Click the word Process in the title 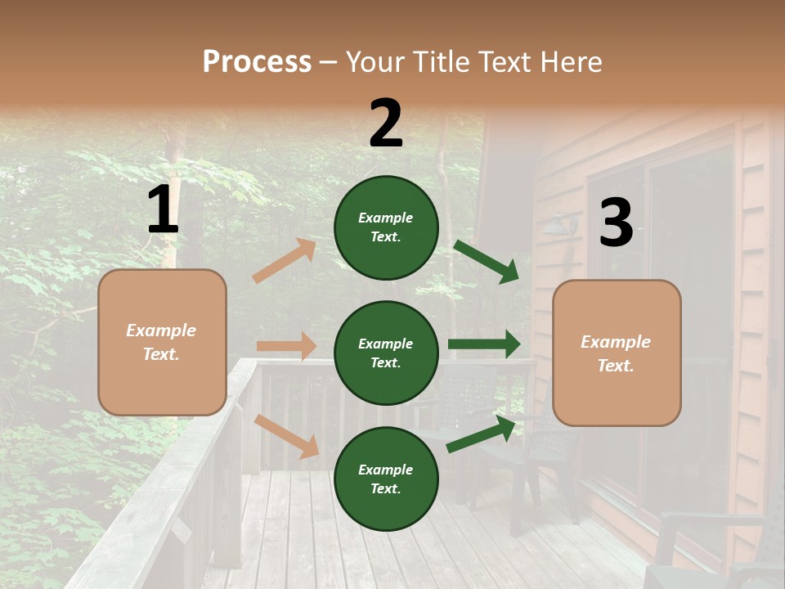tap(257, 61)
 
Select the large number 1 tap(163, 210)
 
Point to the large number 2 tap(386, 124)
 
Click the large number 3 tap(616, 223)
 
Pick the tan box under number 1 tap(162, 342)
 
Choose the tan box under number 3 tap(617, 353)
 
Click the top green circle tap(386, 227)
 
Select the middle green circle tap(386, 353)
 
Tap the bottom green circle tap(386, 479)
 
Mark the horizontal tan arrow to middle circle tap(287, 346)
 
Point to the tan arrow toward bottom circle tap(287, 436)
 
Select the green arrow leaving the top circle tap(487, 261)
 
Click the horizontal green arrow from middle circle tap(484, 344)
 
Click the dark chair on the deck tap(548, 458)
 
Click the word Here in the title tap(573, 61)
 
